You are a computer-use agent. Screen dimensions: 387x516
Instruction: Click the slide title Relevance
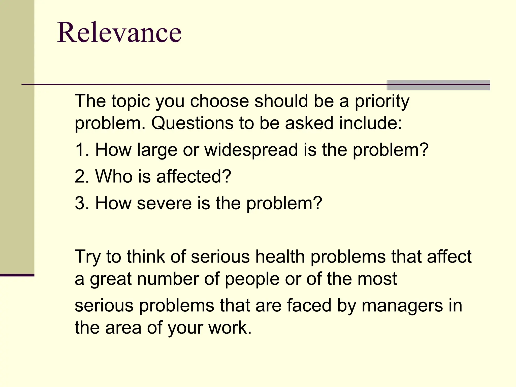pyautogui.click(x=119, y=33)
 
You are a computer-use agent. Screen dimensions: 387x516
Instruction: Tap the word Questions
pyautogui.click(x=192, y=123)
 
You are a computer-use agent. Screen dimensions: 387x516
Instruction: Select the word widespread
pyautogui.click(x=251, y=150)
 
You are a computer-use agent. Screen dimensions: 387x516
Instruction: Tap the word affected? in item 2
pyautogui.click(x=193, y=176)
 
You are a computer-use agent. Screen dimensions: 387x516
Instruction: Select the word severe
pyautogui.click(x=164, y=203)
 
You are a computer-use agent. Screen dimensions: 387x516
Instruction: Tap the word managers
pyautogui.click(x=402, y=306)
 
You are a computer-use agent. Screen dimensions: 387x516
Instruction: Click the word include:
pyautogui.click(x=370, y=123)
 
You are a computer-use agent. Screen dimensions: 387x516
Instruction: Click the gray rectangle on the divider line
pyautogui.click(x=438, y=85)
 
